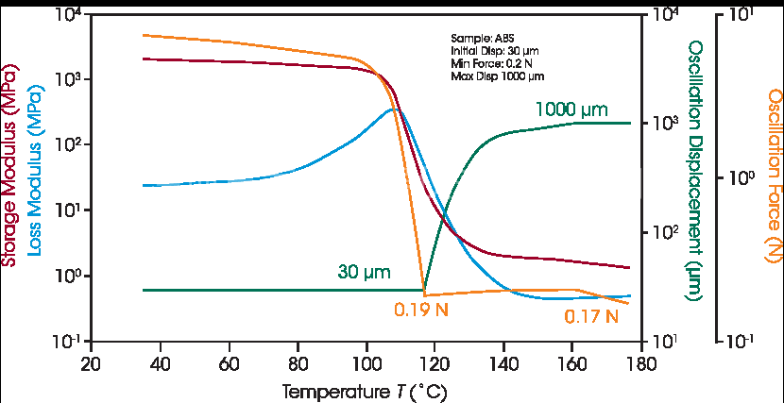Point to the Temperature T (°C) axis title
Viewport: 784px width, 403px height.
pos(365,389)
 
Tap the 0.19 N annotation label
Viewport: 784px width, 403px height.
pos(420,308)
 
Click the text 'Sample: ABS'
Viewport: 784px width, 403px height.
pos(475,38)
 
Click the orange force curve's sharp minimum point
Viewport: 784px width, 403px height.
pos(424,294)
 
